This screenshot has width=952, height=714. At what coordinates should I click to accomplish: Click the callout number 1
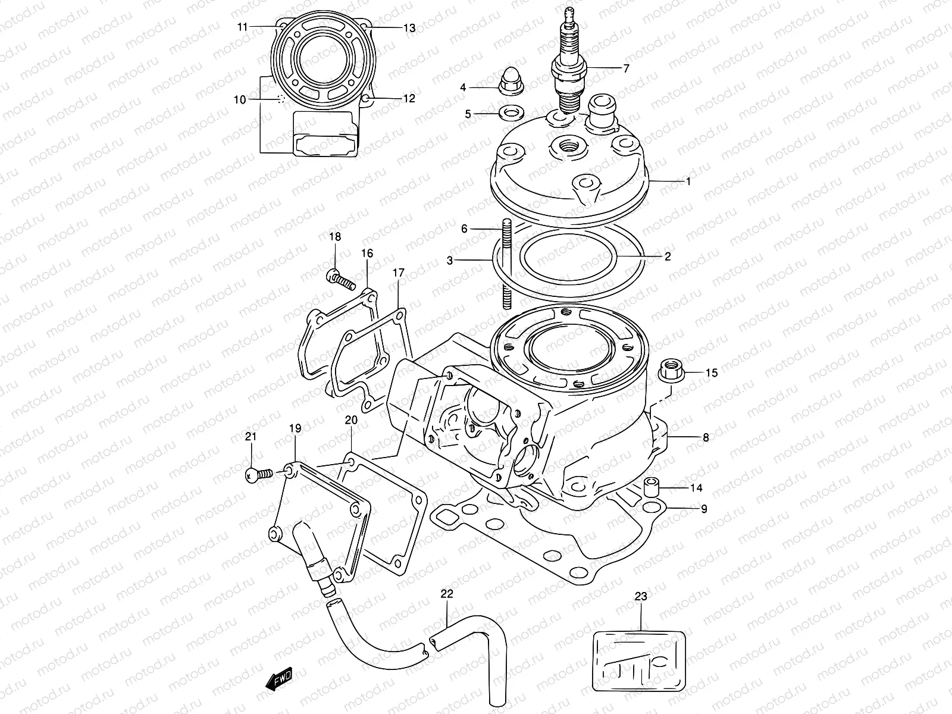point(688,181)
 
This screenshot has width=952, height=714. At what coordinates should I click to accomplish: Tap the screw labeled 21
point(258,474)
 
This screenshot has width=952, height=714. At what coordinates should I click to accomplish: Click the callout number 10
point(239,100)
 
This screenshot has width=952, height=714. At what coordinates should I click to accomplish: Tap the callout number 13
point(425,27)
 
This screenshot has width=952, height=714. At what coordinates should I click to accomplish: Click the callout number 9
point(704,509)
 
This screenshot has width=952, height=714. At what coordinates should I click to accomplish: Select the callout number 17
point(398,273)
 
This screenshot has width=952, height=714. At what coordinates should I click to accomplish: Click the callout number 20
point(351,420)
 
